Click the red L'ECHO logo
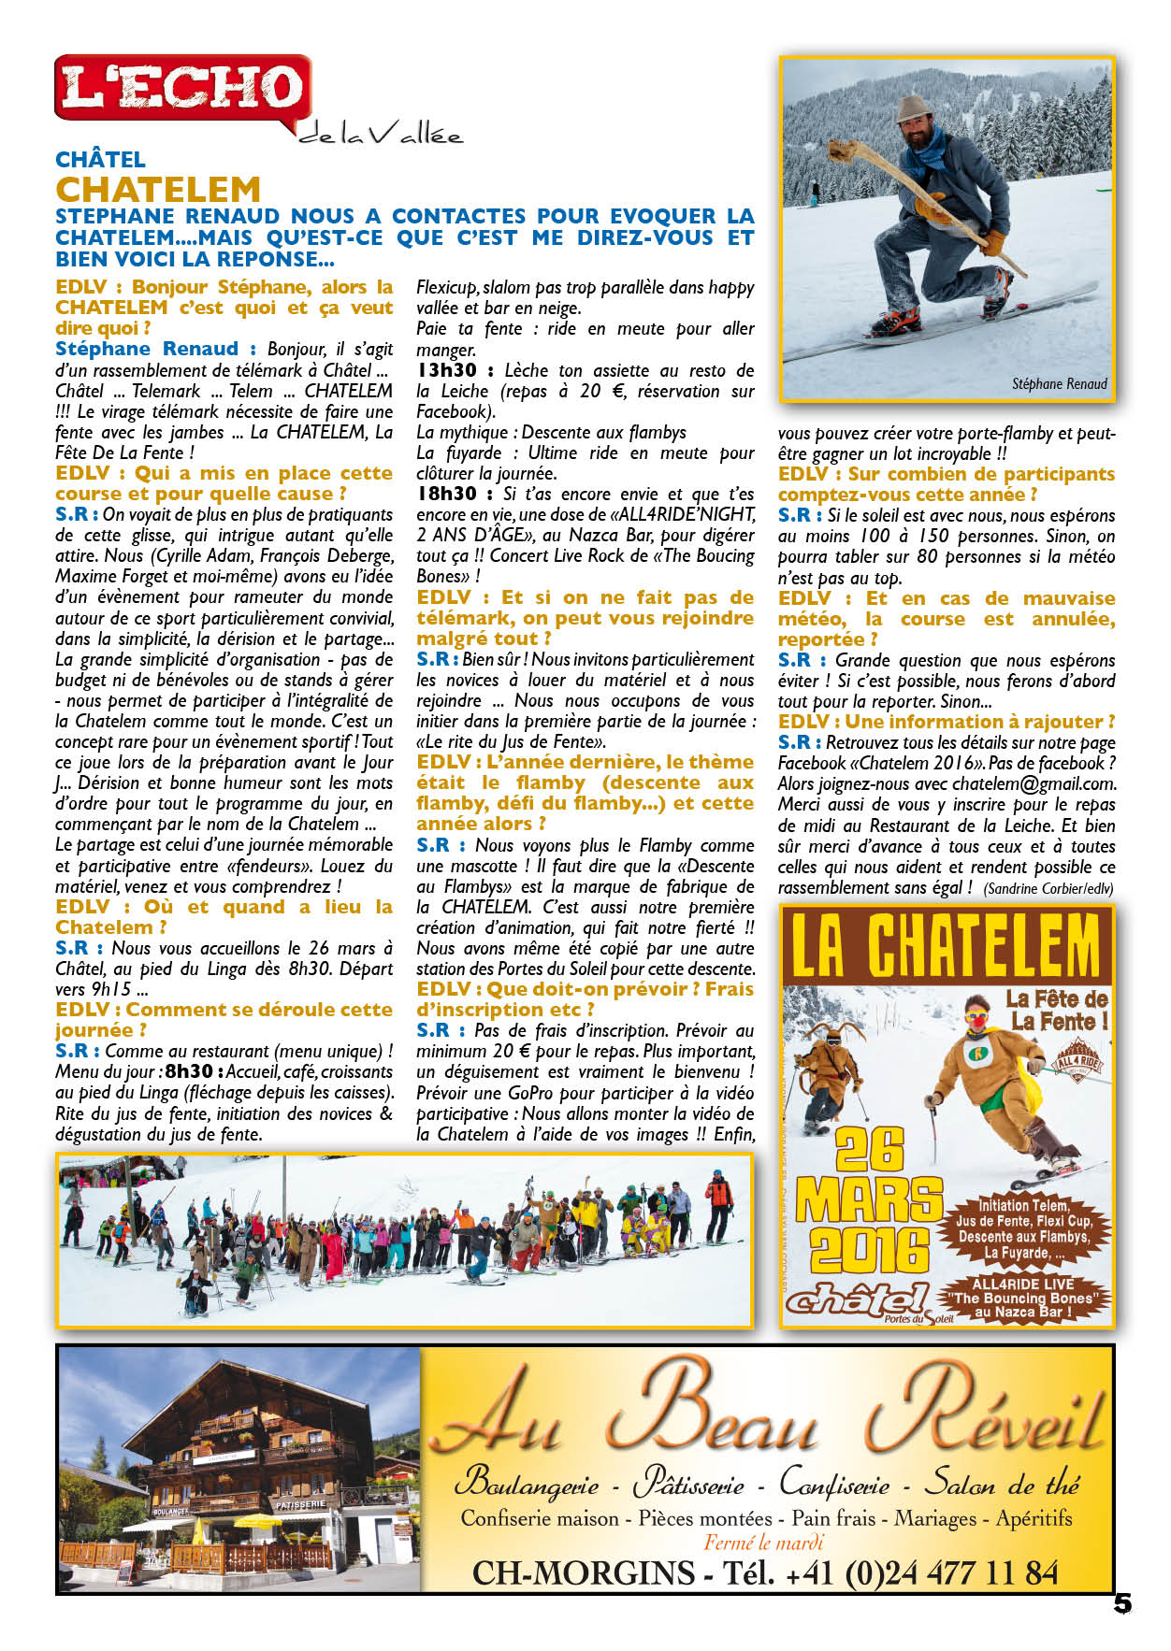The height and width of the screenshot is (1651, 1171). click(x=182, y=88)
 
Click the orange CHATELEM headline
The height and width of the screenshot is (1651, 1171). click(x=158, y=190)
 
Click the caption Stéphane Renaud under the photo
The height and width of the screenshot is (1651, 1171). click(x=1059, y=383)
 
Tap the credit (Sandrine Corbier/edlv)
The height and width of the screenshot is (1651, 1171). click(x=1048, y=888)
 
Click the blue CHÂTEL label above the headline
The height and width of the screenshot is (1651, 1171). click(x=100, y=160)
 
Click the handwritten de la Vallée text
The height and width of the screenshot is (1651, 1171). click(x=381, y=135)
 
